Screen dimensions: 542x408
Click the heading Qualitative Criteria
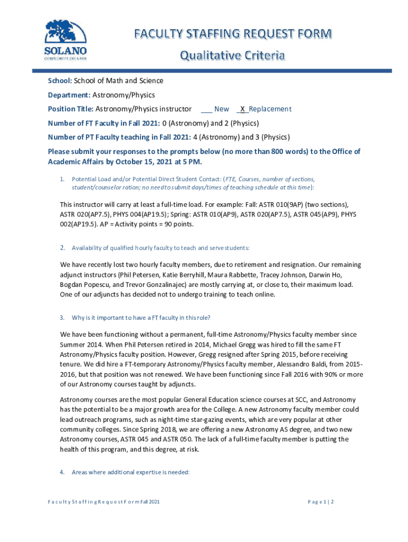pyautogui.click(x=233, y=56)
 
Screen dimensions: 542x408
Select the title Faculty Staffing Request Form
pyautogui.click(x=233, y=34)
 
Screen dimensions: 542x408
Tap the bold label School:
pyautogui.click(x=59, y=80)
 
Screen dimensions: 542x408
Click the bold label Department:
pyautogui.click(x=69, y=95)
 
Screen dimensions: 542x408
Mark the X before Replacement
pyautogui.click(x=242, y=109)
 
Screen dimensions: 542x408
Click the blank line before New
pyautogui.click(x=207, y=109)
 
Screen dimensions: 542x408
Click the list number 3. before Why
pyautogui.click(x=62, y=318)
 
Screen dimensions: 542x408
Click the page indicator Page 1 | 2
pyautogui.click(x=321, y=501)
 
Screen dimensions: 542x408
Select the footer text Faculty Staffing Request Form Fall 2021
pyautogui.click(x=104, y=501)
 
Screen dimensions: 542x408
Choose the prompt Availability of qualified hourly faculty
pyautogui.click(x=160, y=248)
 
